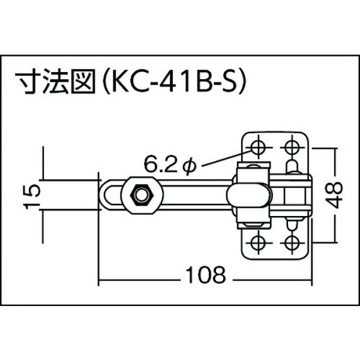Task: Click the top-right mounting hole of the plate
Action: (293, 146)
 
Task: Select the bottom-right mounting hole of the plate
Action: (293, 242)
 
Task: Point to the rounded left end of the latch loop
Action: (103, 194)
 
